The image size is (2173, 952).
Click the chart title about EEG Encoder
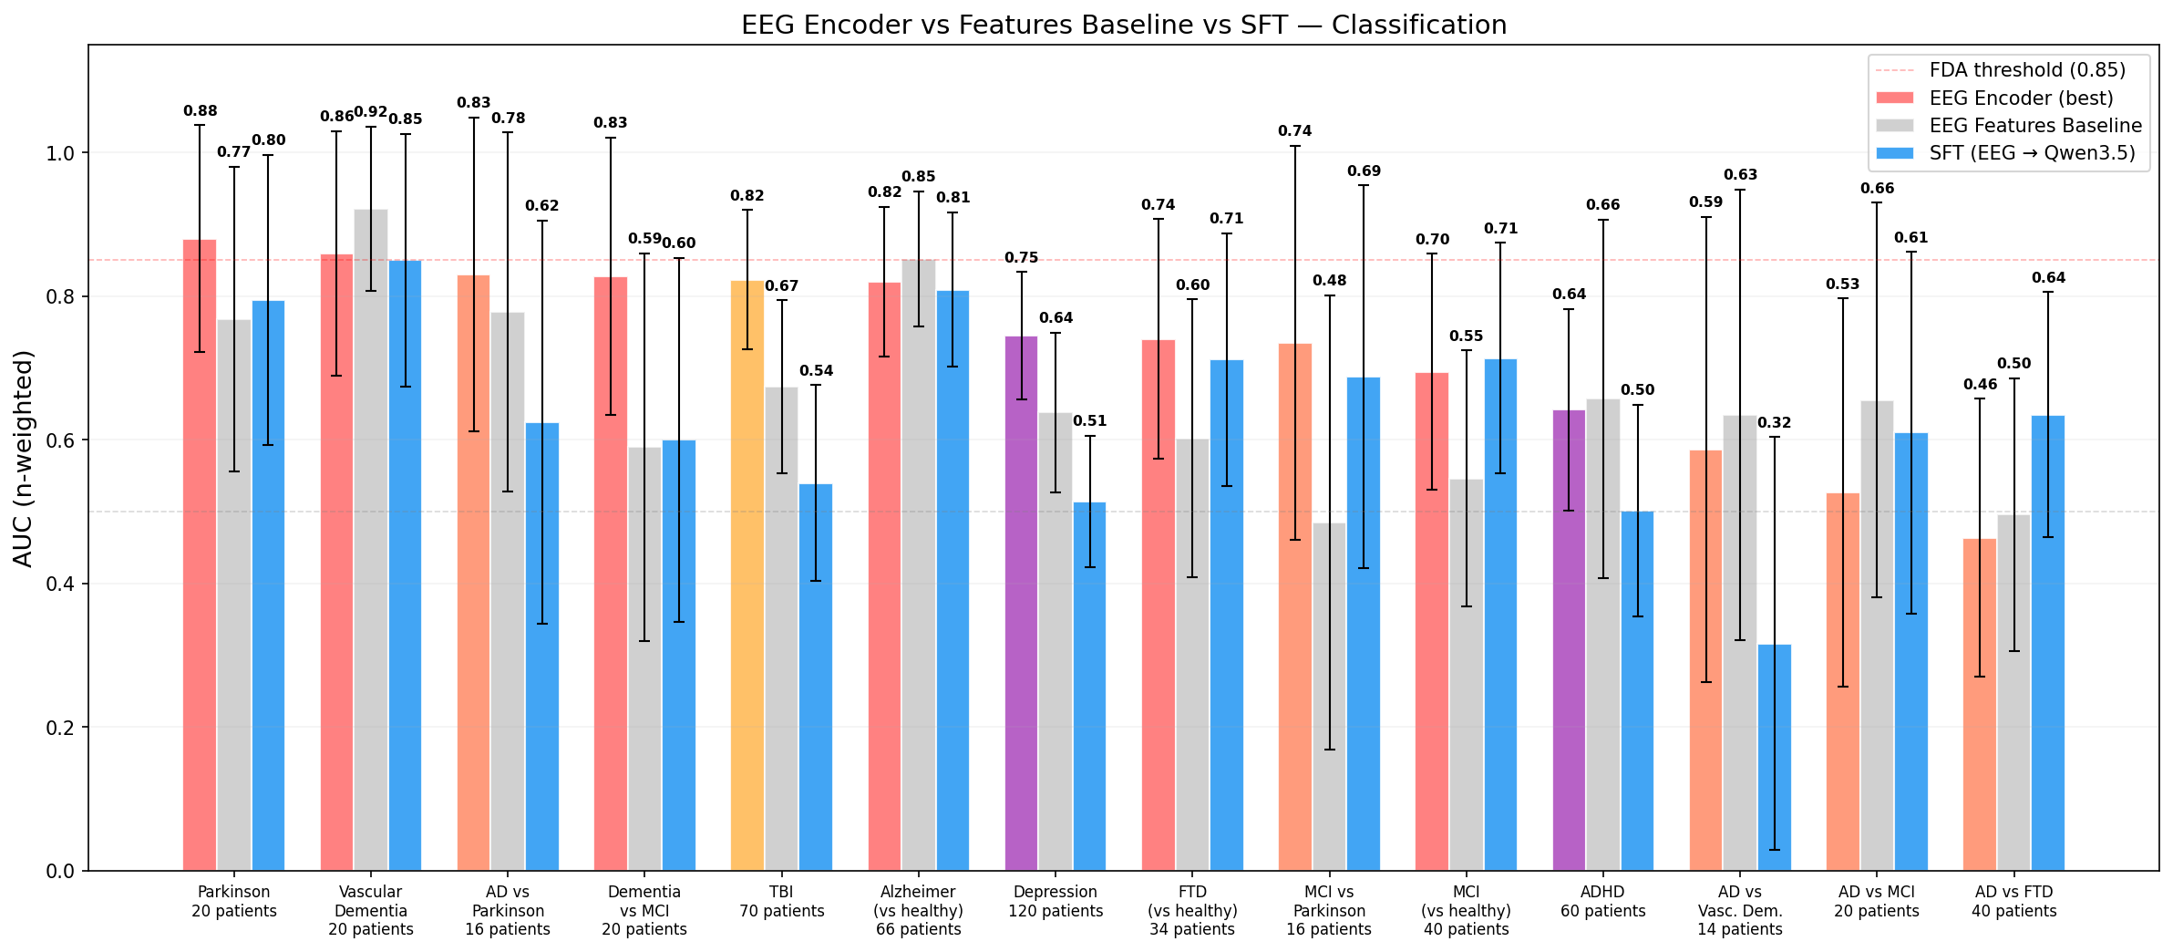coord(1123,25)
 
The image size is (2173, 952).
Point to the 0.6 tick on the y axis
coord(60,440)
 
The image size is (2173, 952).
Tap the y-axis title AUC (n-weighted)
coord(24,458)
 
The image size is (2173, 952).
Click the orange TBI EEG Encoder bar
coord(747,574)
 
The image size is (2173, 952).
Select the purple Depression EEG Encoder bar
coord(1021,602)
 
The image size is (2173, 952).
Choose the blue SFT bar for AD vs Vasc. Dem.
coord(1774,757)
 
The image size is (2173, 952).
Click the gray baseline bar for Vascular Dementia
coord(371,538)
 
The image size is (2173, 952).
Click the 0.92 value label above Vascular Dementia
coord(371,112)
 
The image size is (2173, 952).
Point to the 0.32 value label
coord(1774,423)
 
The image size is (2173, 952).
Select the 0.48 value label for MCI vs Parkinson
coord(1329,281)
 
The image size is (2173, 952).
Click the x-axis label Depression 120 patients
coord(1056,901)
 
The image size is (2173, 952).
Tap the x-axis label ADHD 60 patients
coord(1602,901)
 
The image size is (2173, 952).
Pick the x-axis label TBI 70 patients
coord(781,901)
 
